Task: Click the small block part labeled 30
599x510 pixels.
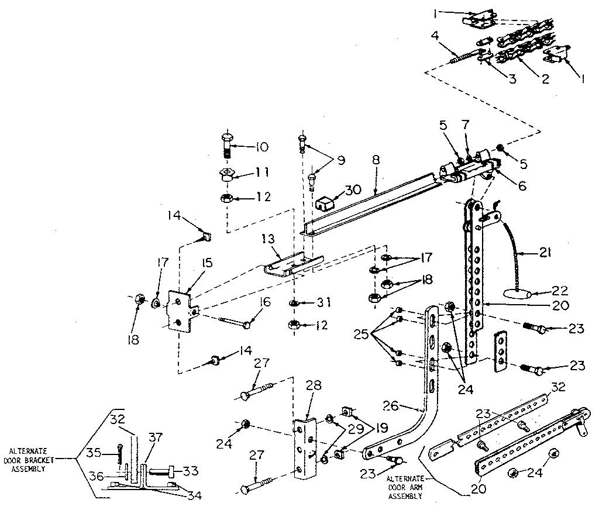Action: [x=325, y=204]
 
